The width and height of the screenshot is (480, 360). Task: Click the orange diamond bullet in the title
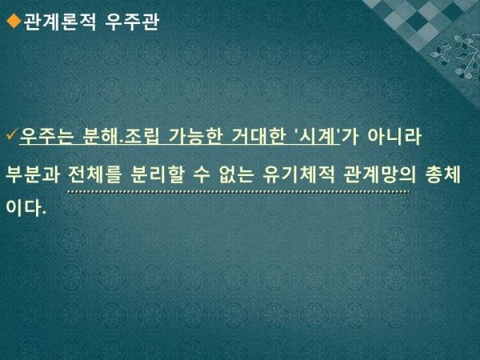[x=14, y=21]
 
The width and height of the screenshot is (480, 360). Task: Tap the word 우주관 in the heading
[x=132, y=22]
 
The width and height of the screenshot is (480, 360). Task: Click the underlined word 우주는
[x=46, y=136]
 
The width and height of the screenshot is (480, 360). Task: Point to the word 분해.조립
[x=122, y=136]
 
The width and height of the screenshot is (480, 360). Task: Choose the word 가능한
[x=195, y=136]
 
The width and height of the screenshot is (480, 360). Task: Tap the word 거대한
[x=258, y=136]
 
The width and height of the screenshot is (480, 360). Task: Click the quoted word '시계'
[x=317, y=136]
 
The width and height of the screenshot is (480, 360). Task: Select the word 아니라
[x=394, y=136]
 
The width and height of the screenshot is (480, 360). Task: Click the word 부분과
[x=33, y=174]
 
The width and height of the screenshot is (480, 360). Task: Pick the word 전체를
[x=95, y=174]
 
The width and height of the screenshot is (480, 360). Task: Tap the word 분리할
[x=158, y=174]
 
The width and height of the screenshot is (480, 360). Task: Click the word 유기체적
[x=298, y=174]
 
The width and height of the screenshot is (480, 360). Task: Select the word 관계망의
[x=380, y=174]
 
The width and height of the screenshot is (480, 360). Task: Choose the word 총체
[x=443, y=174]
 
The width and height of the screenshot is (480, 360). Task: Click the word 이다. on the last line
[x=26, y=208]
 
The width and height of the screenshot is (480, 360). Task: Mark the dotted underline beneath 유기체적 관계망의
[x=238, y=192]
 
